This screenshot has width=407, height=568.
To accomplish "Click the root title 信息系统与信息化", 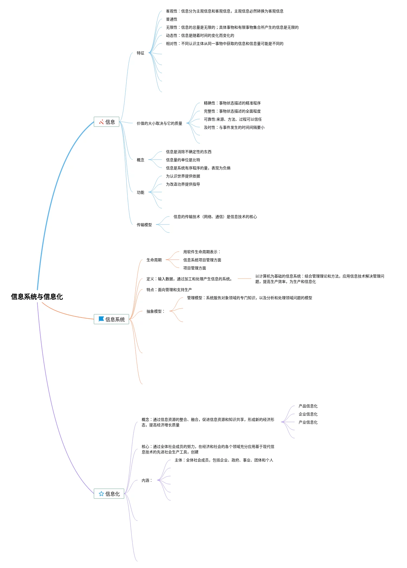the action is tap(37, 297).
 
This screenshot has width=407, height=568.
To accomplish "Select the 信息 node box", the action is tap(106, 122).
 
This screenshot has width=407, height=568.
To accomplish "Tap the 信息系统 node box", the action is tap(111, 319).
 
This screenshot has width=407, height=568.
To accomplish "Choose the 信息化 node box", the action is tap(109, 494).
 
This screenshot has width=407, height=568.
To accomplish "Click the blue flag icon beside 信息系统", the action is tap(101, 319).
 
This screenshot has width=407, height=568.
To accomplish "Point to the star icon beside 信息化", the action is tap(101, 494).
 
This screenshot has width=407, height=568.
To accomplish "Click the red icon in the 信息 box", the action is tap(102, 122).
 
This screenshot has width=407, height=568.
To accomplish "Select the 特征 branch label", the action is tap(141, 53).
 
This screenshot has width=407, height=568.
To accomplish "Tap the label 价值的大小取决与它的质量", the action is tap(159, 123).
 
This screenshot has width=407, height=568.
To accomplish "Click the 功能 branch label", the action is tap(141, 192).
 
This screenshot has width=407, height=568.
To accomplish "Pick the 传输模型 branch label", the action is tap(144, 225).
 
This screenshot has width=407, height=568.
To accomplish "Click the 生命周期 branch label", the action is tap(154, 260).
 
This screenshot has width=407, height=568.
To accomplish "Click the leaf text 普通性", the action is tap(172, 19).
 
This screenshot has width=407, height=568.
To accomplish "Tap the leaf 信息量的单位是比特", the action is tap(183, 160).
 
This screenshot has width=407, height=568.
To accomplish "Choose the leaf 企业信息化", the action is tap(308, 414).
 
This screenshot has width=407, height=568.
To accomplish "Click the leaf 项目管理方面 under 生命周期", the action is tap(194, 268).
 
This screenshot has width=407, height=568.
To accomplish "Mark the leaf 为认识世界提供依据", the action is tap(183, 176).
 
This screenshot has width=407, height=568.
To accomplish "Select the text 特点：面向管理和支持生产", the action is tap(169, 290).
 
